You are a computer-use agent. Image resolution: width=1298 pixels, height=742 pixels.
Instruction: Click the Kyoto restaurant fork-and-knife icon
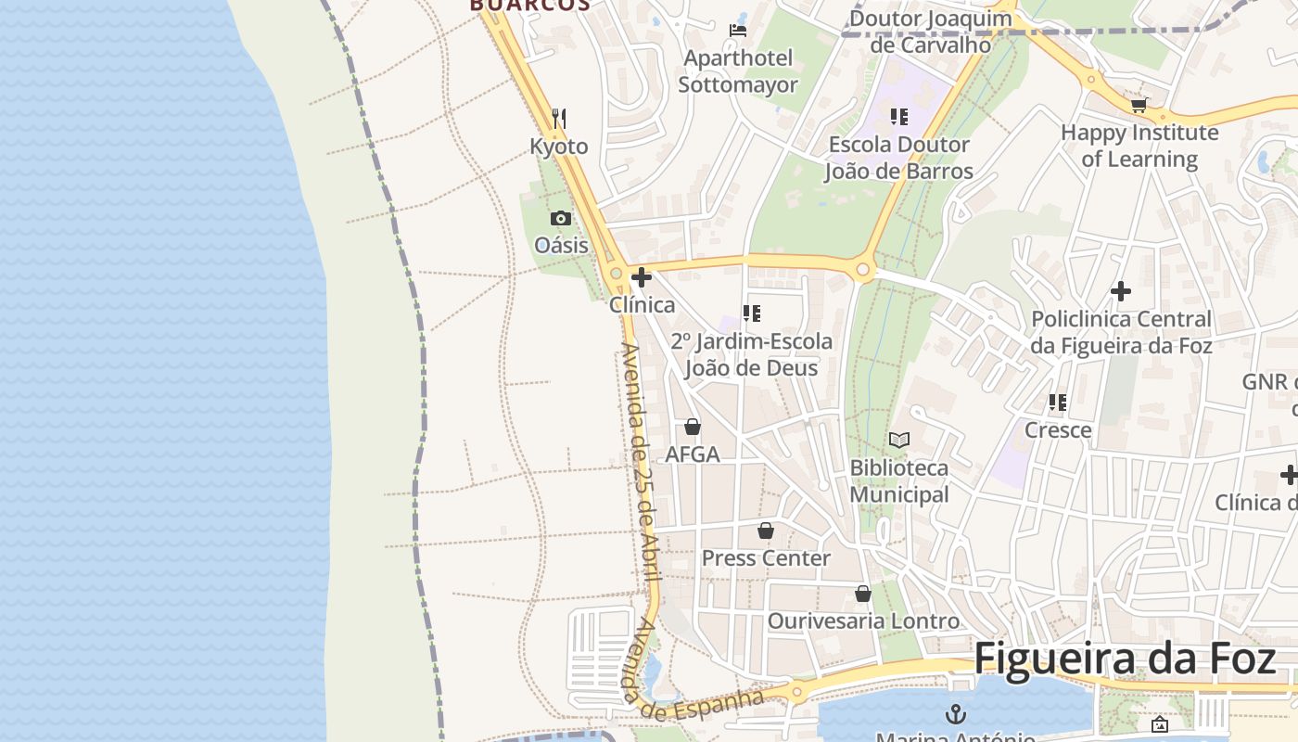[x=558, y=119]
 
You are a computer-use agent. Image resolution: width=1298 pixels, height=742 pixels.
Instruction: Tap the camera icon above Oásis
[x=561, y=219]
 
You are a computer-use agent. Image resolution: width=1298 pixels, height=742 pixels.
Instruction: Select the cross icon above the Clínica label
[x=641, y=277]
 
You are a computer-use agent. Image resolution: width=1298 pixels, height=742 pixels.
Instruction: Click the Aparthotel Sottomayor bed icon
[x=738, y=31]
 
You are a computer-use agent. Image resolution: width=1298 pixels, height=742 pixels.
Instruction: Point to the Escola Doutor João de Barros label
[x=898, y=158]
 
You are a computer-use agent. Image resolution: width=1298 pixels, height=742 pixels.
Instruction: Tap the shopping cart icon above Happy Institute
[x=1139, y=106]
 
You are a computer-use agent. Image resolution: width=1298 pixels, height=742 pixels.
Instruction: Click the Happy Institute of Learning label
[x=1139, y=146]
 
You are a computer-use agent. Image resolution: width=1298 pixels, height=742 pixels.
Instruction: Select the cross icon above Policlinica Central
[x=1120, y=291]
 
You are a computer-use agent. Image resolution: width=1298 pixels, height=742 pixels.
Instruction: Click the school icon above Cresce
[x=1057, y=403]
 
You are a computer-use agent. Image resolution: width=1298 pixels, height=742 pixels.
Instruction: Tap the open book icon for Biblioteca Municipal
[x=898, y=440]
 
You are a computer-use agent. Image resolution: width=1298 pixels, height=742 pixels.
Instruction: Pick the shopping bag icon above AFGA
[x=692, y=427]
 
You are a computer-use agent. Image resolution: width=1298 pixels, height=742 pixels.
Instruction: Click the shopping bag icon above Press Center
[x=766, y=531]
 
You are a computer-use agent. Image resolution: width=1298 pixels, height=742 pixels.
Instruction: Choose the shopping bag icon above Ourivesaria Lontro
[x=863, y=594]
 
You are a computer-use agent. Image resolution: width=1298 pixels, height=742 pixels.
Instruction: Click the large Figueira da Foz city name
[x=1124, y=659]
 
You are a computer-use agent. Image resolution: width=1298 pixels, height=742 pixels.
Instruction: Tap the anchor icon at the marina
[x=955, y=713]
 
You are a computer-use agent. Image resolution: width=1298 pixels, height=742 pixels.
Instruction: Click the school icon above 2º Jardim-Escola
[x=752, y=313]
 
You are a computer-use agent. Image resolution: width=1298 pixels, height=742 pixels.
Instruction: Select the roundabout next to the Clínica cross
[x=617, y=274]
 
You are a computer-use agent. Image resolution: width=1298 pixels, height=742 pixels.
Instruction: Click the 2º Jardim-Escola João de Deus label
[x=752, y=354]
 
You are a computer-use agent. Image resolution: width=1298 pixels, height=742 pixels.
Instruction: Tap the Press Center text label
[x=766, y=558]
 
